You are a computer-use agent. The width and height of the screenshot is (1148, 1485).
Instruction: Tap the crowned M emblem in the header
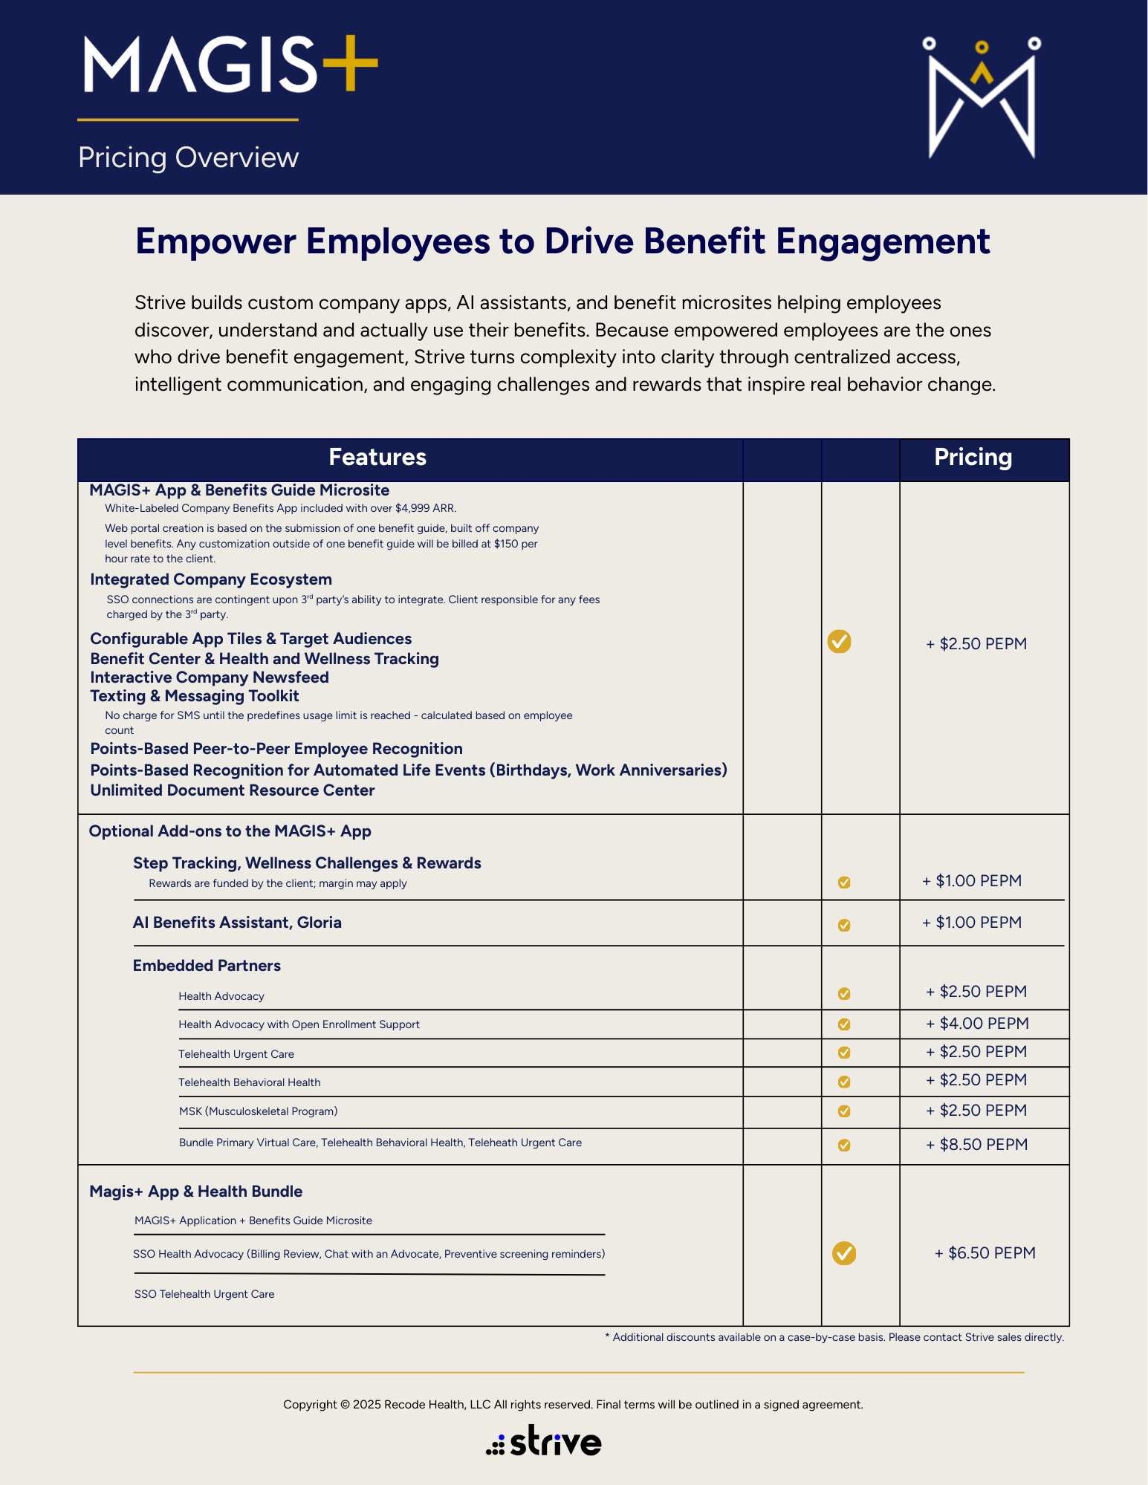coord(982,98)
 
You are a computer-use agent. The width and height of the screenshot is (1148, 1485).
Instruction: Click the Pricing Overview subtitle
coord(188,157)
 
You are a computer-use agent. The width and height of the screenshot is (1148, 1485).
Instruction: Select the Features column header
coord(377,458)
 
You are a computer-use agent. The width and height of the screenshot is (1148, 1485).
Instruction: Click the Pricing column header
coord(973,458)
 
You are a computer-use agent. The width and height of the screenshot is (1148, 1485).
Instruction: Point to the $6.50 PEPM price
coord(985,1253)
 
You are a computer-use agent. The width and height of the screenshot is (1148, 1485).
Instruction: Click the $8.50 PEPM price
coord(976,1145)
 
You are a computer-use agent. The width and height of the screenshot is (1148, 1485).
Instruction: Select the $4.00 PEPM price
coord(977,1024)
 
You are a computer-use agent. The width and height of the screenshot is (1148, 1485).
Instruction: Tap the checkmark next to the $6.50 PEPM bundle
coord(844,1253)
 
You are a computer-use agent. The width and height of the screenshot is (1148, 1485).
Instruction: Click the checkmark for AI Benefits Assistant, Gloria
coord(844,926)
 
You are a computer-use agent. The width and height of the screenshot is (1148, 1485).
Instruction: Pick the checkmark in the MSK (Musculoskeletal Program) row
coord(844,1111)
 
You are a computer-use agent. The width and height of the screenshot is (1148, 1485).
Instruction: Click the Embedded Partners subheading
coord(207,966)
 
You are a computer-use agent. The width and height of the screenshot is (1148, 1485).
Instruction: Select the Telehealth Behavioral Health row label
coord(250,1082)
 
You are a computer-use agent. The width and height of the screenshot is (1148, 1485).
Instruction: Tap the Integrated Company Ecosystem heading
coord(211,579)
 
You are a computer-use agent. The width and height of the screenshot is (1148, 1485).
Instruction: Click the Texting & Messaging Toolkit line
coord(195,696)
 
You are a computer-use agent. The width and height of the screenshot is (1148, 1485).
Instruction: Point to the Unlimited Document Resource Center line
coord(233,790)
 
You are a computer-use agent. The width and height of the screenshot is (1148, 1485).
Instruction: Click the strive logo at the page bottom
coord(544,1441)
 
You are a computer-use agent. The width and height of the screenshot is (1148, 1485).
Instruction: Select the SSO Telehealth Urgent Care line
coord(204,1294)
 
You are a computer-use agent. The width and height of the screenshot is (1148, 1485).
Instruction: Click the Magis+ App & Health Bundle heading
coord(196,1192)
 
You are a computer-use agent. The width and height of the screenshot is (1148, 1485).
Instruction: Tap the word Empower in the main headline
coord(215,241)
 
